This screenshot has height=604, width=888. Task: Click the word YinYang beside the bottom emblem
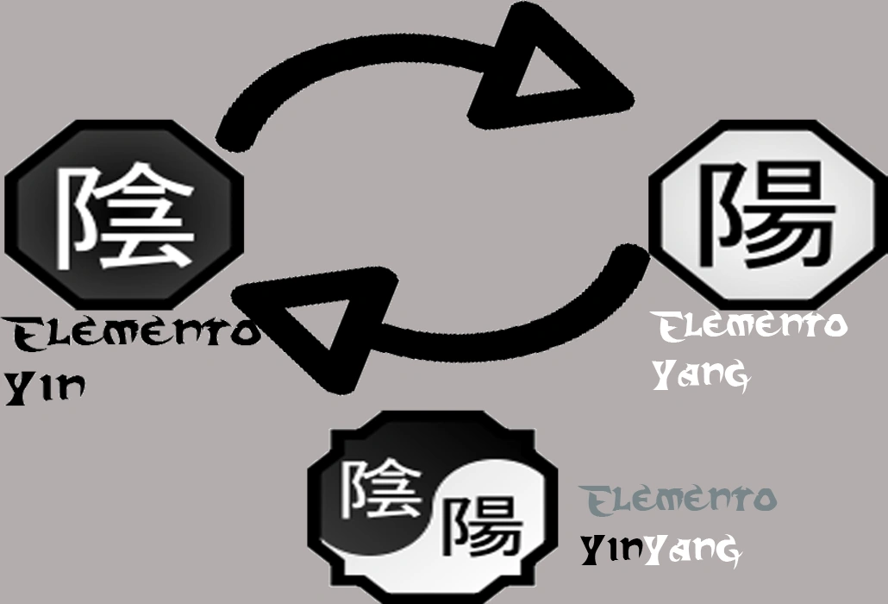click(660, 549)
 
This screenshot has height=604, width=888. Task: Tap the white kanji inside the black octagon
click(125, 216)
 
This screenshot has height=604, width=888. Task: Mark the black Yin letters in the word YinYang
click(612, 549)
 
